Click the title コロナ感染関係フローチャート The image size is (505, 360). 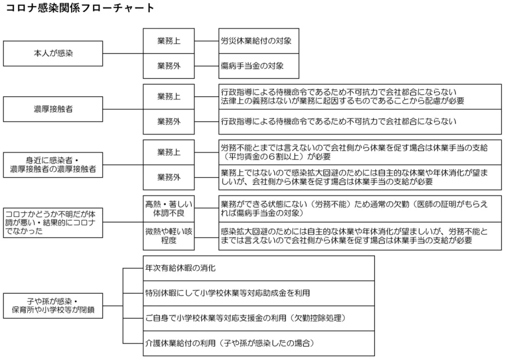[x=79, y=8]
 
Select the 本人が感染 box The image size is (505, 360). [x=53, y=53]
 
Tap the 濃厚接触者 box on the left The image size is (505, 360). [x=53, y=109]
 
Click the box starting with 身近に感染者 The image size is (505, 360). [x=53, y=165]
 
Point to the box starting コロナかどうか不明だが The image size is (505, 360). [x=53, y=222]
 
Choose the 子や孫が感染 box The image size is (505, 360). [x=53, y=306]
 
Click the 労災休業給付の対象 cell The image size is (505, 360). [x=258, y=41]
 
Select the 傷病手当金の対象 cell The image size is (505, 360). [x=258, y=66]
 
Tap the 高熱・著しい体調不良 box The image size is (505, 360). [x=169, y=209]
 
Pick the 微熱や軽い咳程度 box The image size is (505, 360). [x=169, y=236]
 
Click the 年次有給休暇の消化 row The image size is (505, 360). [x=258, y=268]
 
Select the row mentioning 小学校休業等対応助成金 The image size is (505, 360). [x=258, y=293]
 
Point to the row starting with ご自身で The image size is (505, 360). [x=258, y=319]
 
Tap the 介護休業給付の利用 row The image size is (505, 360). [x=258, y=344]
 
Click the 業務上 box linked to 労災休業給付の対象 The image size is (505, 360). [x=169, y=41]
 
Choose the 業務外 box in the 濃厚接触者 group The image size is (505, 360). [x=169, y=122]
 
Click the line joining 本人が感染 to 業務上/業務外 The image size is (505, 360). [x=123, y=53]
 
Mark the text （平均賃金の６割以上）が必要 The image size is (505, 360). [x=276, y=157]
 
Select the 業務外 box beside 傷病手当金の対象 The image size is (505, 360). [x=169, y=66]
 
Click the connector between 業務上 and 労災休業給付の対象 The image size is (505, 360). [x=207, y=41]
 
